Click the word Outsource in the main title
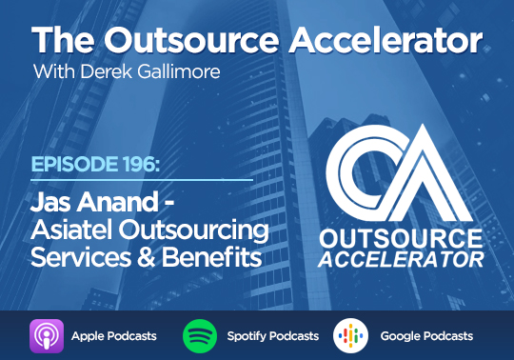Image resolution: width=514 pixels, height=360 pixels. pyautogui.click(x=191, y=40)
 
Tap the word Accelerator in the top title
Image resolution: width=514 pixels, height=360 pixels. pyautogui.click(x=385, y=40)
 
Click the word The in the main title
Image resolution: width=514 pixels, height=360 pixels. pyautogui.click(x=63, y=40)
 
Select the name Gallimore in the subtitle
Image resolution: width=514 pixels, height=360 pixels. pyautogui.click(x=179, y=71)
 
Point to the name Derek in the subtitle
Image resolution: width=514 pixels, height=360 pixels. pyautogui.click(x=106, y=71)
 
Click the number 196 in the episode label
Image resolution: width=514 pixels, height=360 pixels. pyautogui.click(x=140, y=164)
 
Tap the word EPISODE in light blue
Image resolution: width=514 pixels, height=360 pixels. pyautogui.click(x=75, y=164)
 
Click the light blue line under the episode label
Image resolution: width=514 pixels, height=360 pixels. pyautogui.click(x=142, y=180)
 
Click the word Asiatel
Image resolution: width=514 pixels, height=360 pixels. pyautogui.click(x=72, y=230)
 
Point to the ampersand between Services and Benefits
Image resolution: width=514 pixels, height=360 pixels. pyautogui.click(x=147, y=257)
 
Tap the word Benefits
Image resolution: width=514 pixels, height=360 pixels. pyautogui.click(x=211, y=257)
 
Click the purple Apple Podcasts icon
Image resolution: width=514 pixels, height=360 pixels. pyautogui.click(x=47, y=336)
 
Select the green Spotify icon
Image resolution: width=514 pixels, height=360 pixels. pyautogui.click(x=200, y=336)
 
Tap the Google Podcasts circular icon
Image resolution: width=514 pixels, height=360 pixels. pyautogui.click(x=350, y=336)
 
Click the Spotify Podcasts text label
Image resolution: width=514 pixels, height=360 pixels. pyautogui.click(x=273, y=336)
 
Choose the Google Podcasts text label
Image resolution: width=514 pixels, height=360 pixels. pyautogui.click(x=426, y=336)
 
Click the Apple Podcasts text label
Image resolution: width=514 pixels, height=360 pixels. pyautogui.click(x=114, y=336)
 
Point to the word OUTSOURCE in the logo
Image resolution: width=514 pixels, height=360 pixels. pyautogui.click(x=401, y=239)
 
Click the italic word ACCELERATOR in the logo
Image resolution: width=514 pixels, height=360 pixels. pyautogui.click(x=401, y=260)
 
